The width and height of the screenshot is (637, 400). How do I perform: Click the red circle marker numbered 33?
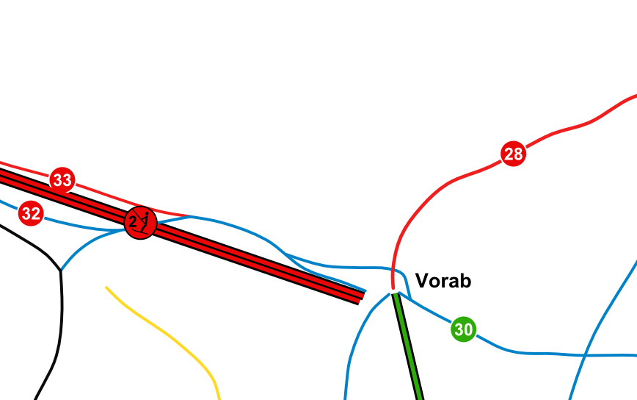[62, 179]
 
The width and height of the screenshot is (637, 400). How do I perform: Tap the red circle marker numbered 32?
[31, 214]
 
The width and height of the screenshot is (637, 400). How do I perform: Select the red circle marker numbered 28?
[514, 154]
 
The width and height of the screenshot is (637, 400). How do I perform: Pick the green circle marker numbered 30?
[463, 329]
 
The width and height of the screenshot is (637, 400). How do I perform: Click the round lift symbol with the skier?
[141, 222]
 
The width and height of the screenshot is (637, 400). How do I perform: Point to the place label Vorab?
[443, 280]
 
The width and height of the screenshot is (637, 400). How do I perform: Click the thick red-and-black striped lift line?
[257, 261]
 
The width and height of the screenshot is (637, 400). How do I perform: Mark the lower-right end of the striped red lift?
[361, 297]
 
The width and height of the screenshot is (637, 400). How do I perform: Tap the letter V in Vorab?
[422, 280]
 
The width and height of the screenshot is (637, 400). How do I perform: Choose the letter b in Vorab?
[465, 280]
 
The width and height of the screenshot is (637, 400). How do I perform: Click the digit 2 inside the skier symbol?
[132, 222]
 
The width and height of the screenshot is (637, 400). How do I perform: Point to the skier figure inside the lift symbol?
[146, 221]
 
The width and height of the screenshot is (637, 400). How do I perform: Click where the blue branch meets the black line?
[60, 271]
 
